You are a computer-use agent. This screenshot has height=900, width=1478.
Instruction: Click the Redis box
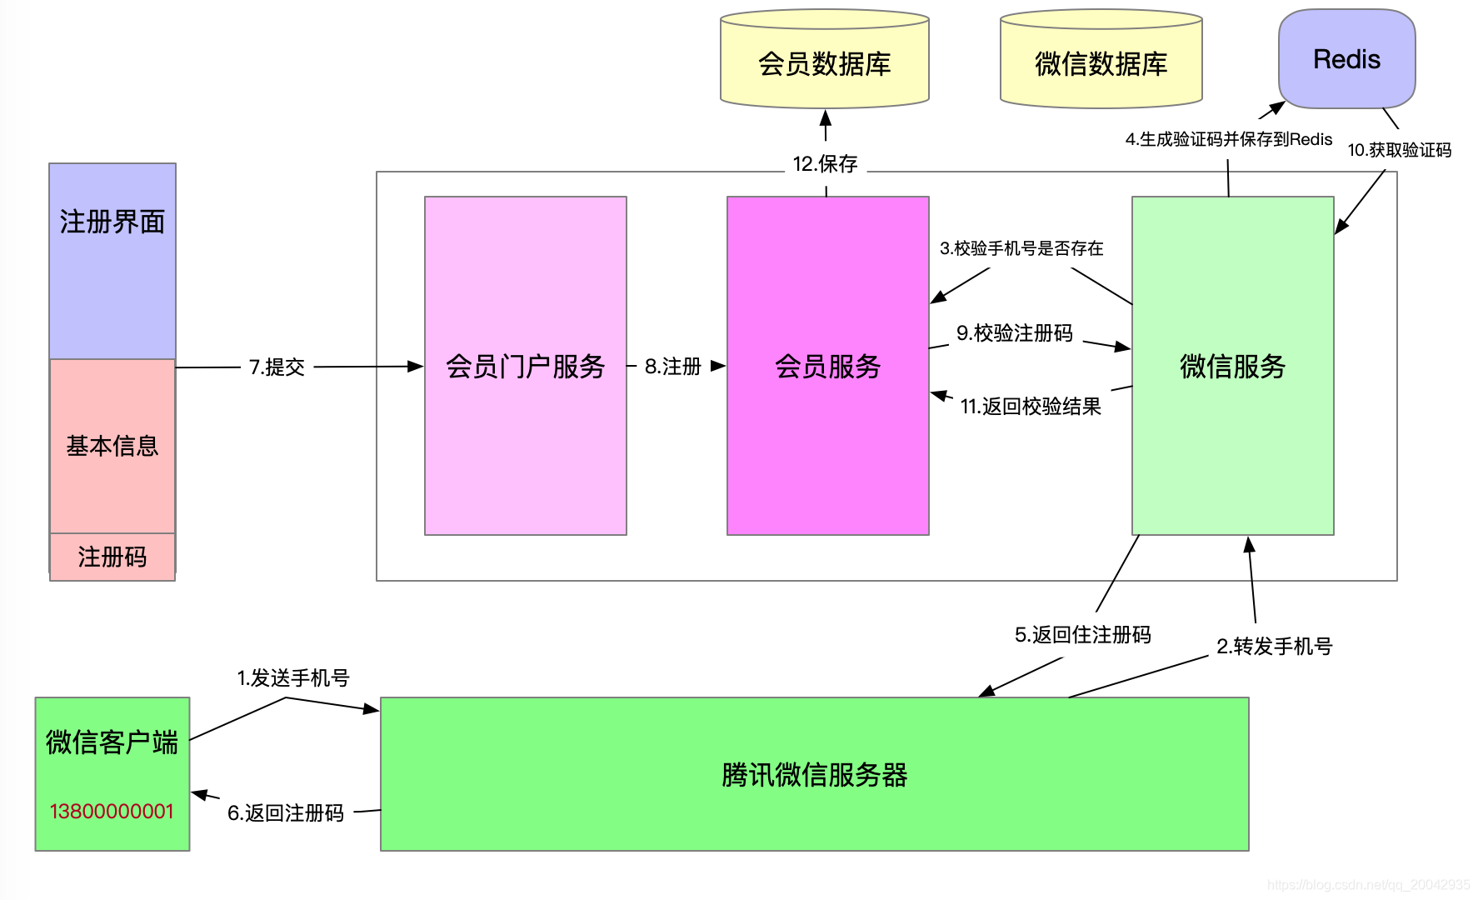pos(1346,58)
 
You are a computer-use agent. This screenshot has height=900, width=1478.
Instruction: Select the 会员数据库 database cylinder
pos(825,58)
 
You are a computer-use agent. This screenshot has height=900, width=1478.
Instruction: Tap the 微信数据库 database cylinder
pos(1101,58)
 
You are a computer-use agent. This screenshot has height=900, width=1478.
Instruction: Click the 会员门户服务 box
pos(526,366)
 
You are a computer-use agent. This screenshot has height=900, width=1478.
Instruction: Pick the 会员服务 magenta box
pos(828,366)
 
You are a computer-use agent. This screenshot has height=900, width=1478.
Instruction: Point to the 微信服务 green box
pos(1233,366)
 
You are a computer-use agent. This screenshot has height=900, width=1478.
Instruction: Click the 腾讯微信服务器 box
pos(815,774)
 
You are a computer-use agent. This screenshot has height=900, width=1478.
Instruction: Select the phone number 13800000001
pos(112,811)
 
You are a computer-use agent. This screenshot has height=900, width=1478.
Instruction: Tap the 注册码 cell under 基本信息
pos(112,557)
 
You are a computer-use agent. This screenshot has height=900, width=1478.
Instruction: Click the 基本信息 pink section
pos(112,446)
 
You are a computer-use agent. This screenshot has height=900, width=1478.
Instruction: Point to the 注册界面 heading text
pos(112,222)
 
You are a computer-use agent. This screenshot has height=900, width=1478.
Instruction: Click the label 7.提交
pos(277,367)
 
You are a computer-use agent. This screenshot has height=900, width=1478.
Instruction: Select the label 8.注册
pos(673,366)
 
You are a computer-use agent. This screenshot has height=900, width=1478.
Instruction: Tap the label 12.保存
pos(826,163)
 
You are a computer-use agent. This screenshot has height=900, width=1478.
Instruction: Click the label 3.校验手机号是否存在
pos(1021,248)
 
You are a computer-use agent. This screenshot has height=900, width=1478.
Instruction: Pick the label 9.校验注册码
pos(1015,333)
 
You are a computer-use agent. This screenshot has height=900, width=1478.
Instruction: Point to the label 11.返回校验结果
pos(1031,406)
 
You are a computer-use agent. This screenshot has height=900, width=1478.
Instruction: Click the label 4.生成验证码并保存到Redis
pos(1229,139)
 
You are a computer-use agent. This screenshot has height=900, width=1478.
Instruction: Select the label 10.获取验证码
pos(1400,150)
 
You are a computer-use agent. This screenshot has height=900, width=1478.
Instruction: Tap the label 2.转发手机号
pos(1275,646)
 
